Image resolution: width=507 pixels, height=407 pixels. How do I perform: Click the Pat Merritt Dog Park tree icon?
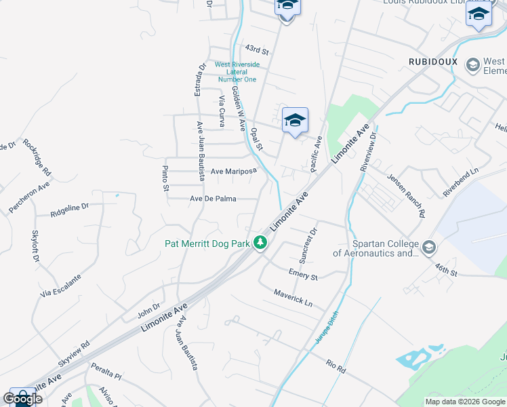pos(260,242)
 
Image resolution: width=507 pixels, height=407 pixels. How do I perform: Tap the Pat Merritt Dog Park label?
pos(207,243)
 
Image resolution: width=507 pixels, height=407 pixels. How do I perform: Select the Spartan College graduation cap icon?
pos(428,248)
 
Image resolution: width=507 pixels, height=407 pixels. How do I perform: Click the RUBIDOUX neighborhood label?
pos(433,62)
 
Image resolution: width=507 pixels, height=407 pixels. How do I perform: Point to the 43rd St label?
pos(258,50)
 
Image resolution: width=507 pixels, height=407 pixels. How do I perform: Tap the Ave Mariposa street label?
pos(233,172)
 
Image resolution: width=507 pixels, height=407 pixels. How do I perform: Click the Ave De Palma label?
pos(213,199)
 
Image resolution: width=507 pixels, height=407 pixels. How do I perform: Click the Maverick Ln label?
pos(293,297)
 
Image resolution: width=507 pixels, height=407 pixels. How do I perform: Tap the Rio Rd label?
pos(336,367)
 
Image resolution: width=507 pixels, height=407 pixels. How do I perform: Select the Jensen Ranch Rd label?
pos(406,195)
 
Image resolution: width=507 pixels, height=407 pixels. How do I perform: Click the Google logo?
pos(22,399)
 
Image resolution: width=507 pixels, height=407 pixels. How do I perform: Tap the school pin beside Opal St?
pos(295,121)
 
